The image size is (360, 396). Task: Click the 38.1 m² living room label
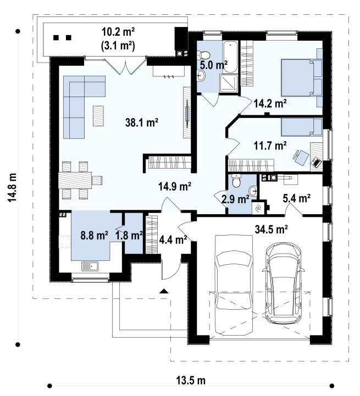click(142, 123)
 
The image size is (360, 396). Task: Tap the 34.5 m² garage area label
click(272, 230)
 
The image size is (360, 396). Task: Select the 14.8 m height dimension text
click(12, 187)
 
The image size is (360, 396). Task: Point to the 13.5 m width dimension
click(190, 380)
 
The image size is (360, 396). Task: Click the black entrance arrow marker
click(164, 291)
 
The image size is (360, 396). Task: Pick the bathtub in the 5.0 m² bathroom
click(230, 57)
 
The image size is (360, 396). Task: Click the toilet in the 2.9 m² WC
click(237, 181)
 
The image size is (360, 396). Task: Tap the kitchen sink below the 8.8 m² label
click(90, 266)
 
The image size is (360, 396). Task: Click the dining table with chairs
click(80, 180)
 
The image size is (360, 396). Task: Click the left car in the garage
click(234, 285)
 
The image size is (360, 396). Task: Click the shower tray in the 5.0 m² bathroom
click(229, 83)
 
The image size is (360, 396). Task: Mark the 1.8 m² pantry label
click(129, 236)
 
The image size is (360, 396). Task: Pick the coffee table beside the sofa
click(98, 116)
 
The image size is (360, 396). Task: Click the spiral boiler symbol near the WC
click(258, 208)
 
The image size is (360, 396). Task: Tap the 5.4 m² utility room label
click(297, 198)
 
